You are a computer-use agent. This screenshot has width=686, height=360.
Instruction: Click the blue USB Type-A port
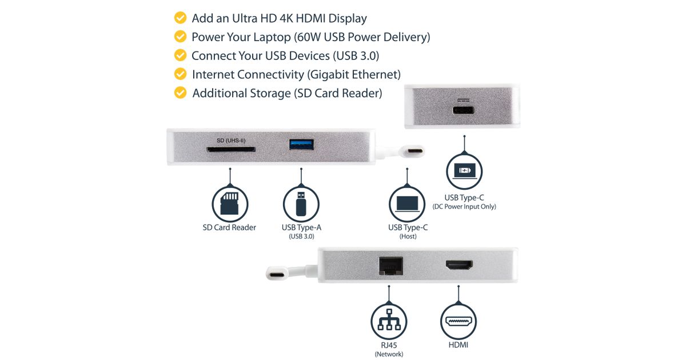(301, 145)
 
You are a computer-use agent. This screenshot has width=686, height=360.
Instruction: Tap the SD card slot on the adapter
(230, 149)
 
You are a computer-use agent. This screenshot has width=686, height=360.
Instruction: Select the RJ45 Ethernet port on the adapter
(391, 266)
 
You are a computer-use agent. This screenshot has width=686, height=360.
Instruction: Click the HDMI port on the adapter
(458, 265)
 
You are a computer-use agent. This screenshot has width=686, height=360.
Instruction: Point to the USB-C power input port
(464, 110)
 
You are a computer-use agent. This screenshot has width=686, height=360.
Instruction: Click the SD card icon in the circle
(230, 203)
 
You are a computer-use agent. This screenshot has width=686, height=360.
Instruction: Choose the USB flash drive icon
(301, 203)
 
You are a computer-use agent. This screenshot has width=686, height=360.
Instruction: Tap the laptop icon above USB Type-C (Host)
(407, 203)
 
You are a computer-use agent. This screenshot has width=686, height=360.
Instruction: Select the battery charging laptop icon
(464, 171)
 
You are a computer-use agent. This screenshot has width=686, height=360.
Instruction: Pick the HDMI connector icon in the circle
(458, 321)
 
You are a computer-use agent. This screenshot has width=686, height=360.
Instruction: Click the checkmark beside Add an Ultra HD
(180, 18)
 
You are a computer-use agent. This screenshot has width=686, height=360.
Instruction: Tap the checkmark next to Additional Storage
(180, 93)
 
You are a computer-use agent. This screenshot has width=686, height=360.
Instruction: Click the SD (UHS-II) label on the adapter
(231, 141)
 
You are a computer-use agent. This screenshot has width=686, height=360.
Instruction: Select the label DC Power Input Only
(464, 207)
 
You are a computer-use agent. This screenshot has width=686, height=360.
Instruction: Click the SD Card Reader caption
(229, 227)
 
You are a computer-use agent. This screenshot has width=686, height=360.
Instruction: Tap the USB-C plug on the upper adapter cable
(414, 151)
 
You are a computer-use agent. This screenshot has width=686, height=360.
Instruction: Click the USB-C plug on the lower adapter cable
(277, 273)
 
